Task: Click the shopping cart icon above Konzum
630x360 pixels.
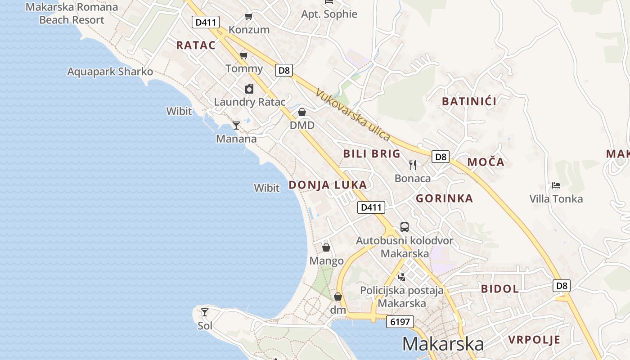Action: (x=248, y=17)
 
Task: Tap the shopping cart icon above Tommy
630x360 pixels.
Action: (x=244, y=55)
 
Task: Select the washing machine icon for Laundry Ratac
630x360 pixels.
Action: (x=249, y=89)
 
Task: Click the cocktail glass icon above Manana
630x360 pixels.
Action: (x=236, y=125)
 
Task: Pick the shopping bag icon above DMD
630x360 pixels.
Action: (x=302, y=112)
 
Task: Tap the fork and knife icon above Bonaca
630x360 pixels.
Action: (x=413, y=165)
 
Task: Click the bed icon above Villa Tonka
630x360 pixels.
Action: (x=556, y=185)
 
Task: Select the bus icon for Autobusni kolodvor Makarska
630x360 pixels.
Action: (x=405, y=227)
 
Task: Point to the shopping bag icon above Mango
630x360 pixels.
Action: (x=326, y=247)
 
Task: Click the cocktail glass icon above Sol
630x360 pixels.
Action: (x=205, y=312)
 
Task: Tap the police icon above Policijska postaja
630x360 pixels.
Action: (x=401, y=277)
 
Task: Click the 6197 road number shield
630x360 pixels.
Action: (x=400, y=322)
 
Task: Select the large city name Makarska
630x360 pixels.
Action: (x=443, y=344)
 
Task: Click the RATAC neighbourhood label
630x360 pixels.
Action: (x=196, y=45)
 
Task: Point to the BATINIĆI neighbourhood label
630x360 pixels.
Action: (x=469, y=101)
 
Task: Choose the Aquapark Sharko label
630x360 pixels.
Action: (x=110, y=72)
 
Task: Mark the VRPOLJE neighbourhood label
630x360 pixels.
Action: (x=534, y=340)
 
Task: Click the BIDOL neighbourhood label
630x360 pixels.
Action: (x=500, y=289)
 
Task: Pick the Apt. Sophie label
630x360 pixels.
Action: (x=329, y=14)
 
